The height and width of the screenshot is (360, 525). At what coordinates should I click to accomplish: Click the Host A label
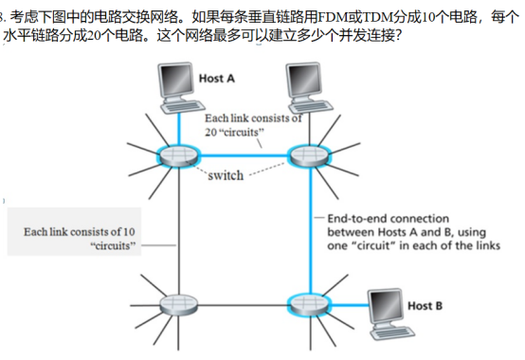217,77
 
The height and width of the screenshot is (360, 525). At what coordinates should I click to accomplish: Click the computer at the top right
302,84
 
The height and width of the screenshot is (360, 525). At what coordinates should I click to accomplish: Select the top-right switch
303,153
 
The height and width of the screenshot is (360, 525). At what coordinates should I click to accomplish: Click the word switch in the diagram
225,175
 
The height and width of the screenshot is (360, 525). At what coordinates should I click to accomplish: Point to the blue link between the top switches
241,155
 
